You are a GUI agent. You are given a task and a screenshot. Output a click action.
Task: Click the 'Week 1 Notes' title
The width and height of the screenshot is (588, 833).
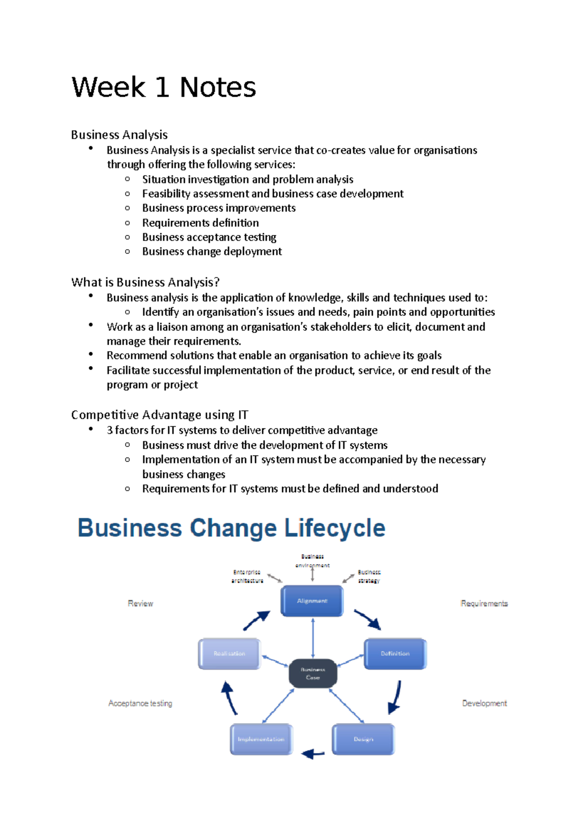coord(164,88)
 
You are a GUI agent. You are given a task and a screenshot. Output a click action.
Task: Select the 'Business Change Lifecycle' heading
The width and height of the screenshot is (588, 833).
coord(231,528)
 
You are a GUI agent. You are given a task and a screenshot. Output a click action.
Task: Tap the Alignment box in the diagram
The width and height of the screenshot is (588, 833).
coord(312,600)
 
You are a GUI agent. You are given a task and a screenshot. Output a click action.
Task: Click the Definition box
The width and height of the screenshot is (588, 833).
coord(395,653)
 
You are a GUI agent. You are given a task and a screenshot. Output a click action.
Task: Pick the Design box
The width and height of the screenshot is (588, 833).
coord(363,739)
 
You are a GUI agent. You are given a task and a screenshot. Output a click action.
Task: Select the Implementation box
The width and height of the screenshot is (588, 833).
coord(261,739)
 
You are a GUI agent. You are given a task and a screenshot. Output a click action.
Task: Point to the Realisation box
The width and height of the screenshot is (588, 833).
coord(229,653)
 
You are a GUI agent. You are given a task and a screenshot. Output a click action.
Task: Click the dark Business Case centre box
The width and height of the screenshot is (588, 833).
coord(313,673)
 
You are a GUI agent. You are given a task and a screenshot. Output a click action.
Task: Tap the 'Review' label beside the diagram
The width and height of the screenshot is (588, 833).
coord(140,603)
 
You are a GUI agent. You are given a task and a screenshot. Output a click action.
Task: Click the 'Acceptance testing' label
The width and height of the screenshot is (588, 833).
coord(140,703)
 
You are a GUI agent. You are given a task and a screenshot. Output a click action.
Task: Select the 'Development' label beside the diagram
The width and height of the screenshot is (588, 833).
coord(484,703)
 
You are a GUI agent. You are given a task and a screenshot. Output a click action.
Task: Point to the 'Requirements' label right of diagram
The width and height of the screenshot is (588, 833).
coord(484,603)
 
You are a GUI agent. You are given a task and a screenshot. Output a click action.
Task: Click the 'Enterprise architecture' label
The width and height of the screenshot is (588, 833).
coord(247,576)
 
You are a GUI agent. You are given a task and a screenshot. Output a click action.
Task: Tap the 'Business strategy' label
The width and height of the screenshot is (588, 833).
coord(369,576)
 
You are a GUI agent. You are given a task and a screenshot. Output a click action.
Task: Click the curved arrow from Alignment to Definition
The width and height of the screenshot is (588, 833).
coord(367,620)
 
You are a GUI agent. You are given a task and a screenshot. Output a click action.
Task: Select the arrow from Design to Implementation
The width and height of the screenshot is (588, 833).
coord(313,754)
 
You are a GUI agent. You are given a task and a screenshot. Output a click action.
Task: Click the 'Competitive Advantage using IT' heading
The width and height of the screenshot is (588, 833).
coord(160,415)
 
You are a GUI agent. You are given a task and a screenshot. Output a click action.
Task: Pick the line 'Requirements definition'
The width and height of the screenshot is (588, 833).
coord(200,223)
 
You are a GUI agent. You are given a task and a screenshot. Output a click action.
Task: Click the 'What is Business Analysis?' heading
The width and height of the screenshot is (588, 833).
coord(145,282)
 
